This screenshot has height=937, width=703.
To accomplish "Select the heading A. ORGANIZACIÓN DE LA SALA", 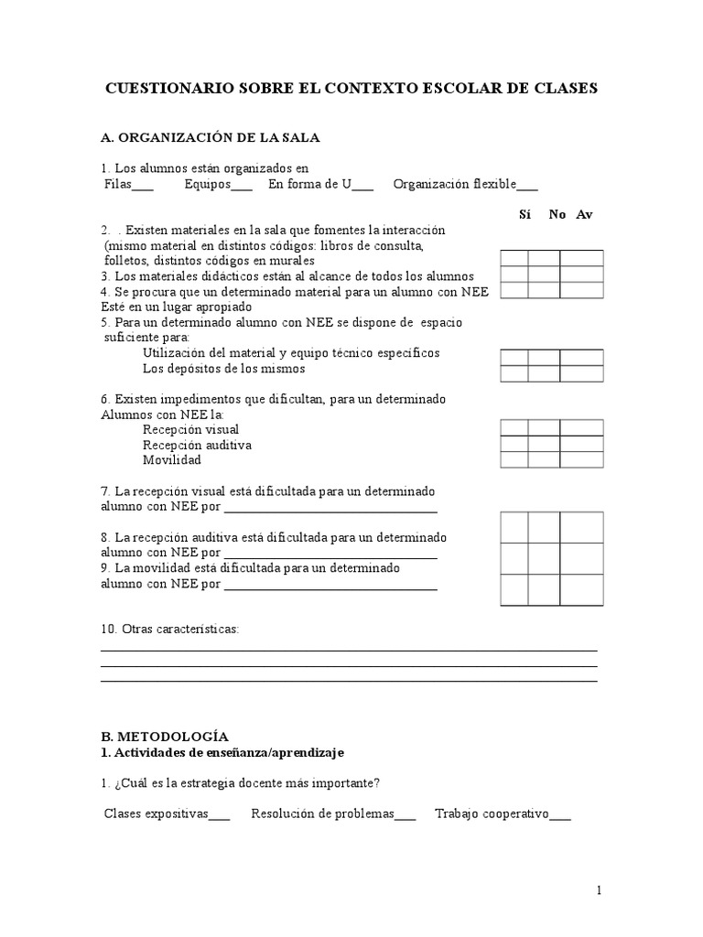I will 210,137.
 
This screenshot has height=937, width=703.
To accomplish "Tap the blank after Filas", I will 143,187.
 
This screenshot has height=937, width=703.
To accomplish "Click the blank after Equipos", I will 242,187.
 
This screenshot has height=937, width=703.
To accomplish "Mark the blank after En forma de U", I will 362,187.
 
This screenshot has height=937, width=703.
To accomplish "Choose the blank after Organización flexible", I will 527,187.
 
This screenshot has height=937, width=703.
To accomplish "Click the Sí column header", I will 525,214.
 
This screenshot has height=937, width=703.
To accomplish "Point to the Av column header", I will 584,214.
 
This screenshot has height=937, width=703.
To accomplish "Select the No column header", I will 557,214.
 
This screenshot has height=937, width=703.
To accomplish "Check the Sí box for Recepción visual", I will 514,427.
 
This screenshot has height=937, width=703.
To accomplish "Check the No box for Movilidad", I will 544,459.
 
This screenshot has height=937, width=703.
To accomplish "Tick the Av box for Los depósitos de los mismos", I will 581,372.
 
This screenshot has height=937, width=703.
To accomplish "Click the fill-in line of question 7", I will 330,510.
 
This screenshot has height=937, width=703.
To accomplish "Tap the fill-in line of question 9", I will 330,587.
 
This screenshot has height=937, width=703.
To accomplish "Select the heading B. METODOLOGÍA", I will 165,736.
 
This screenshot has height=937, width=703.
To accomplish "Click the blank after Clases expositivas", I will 220,816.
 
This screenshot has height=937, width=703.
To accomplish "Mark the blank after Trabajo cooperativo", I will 560,816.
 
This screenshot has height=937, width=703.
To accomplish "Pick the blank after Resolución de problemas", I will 405,816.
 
